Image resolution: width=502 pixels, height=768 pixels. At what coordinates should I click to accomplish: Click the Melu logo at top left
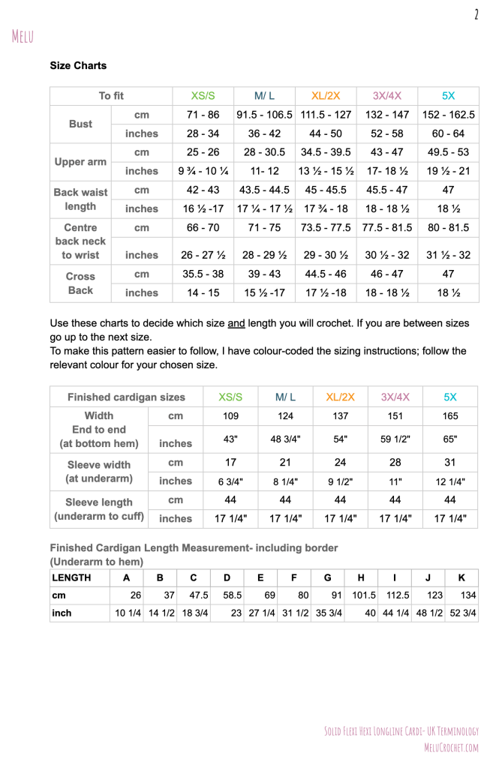23,35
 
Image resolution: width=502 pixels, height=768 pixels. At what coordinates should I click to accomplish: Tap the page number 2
476,14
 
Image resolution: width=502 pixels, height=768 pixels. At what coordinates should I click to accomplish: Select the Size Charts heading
78,66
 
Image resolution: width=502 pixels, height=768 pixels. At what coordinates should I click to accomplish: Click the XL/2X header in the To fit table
326,96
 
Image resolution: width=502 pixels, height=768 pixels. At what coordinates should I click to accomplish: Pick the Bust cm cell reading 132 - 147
387,115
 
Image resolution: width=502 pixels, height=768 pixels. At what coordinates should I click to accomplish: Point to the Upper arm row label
80,161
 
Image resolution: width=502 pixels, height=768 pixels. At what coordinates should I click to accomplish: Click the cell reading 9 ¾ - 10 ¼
203,171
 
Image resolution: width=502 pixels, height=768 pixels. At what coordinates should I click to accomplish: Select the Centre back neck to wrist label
80,241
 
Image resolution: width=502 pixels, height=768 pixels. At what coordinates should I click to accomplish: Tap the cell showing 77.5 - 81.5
387,226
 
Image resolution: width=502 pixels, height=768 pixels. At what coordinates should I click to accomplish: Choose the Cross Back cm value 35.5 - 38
203,274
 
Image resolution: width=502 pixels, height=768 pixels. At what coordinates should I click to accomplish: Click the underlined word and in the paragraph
237,323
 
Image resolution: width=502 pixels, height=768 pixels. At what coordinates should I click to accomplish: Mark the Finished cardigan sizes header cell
127,397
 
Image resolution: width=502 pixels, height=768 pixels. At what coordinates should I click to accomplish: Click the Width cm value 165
450,415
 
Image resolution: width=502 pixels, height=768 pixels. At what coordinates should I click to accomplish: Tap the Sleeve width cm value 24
340,463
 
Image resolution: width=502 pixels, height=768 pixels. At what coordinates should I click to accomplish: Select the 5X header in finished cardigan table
450,397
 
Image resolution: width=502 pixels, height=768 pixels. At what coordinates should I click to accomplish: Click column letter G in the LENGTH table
327,577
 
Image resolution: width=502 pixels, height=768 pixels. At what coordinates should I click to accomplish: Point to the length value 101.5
363,595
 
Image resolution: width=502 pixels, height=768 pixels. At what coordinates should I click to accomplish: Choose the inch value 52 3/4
462,613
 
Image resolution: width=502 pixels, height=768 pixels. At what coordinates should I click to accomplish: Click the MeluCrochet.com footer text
450,747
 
